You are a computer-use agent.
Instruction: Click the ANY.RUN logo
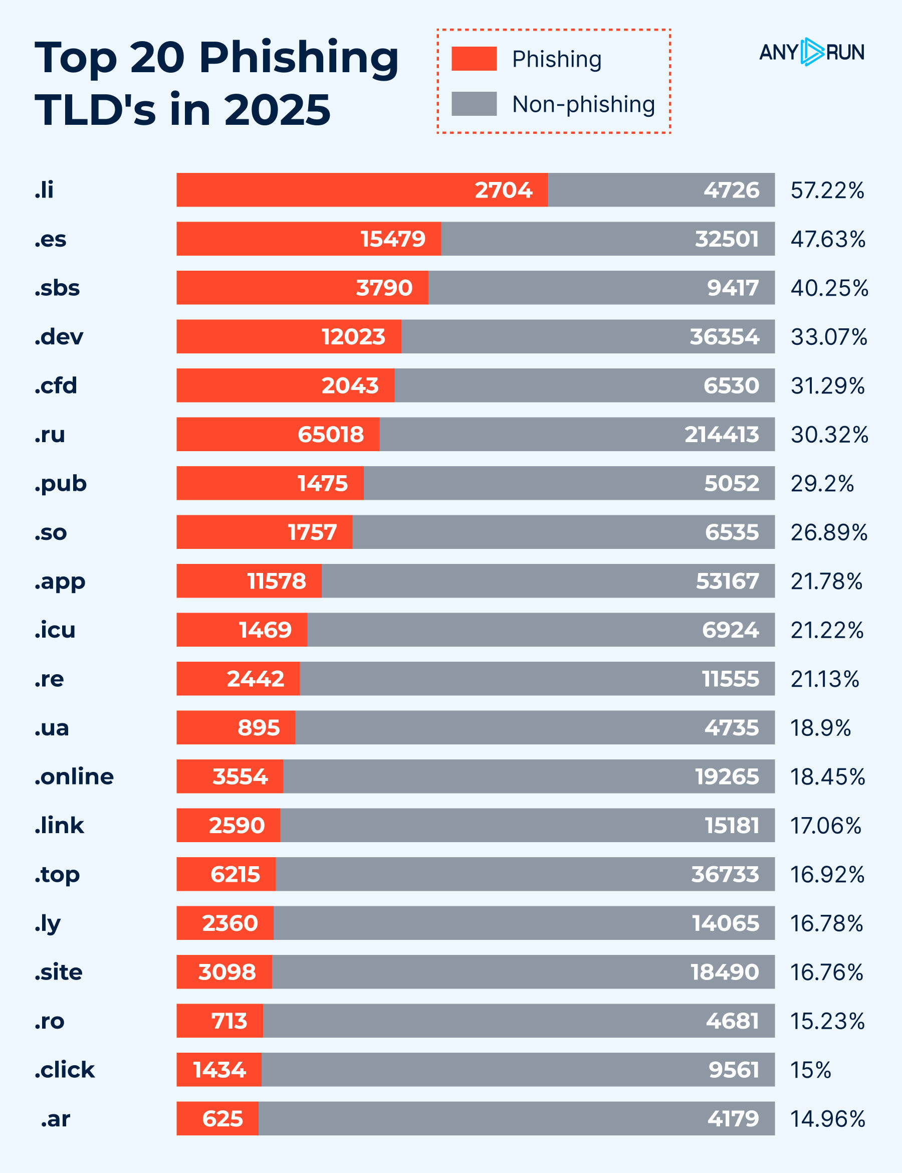811,52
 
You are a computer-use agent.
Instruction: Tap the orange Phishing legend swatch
474,59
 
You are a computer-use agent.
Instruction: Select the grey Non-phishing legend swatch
474,104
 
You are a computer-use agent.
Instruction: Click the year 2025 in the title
277,110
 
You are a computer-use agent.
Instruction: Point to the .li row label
44,189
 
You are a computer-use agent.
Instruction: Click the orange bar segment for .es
309,239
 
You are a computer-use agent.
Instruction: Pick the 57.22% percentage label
827,190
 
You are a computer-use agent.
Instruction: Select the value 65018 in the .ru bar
331,434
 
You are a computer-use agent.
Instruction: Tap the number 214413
722,434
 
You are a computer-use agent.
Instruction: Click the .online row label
74,776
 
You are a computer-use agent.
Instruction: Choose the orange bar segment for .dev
289,336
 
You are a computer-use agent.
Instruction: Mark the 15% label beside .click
810,1070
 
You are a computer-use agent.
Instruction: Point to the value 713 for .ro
230,1021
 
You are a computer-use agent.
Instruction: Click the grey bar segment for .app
548,580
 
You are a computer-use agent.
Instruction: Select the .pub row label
61,484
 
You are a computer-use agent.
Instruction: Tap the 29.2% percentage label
822,483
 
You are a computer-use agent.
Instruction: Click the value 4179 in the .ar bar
733,1119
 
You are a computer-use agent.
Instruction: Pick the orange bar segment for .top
226,874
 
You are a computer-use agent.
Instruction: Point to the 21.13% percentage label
825,679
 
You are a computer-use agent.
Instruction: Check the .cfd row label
56,385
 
